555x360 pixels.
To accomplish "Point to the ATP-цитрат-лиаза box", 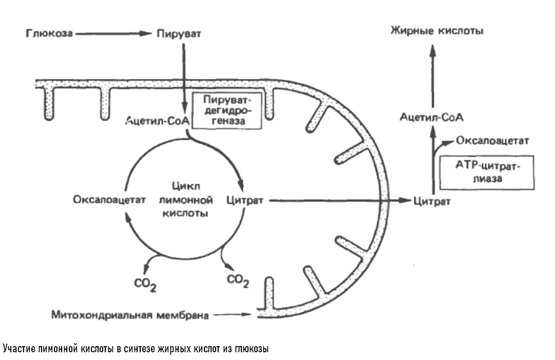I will (x=487, y=173).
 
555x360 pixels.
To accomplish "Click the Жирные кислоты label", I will (x=436, y=31).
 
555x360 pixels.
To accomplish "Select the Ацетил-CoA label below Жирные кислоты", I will (x=432, y=118).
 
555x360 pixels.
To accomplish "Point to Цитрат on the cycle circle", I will (x=245, y=200).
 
